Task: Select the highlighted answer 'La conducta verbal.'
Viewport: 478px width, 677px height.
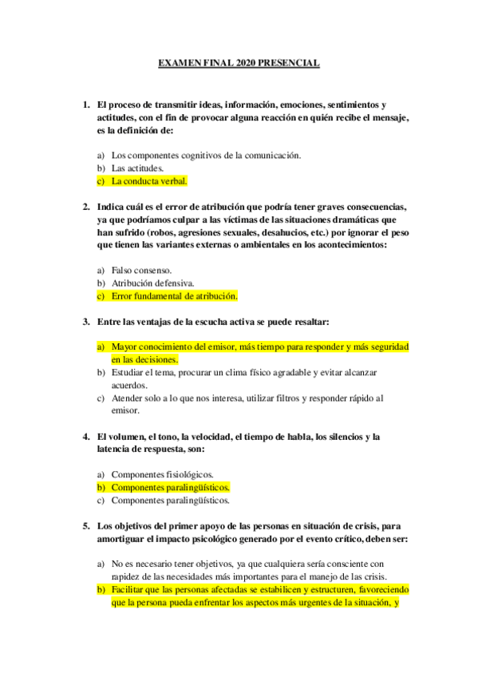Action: [x=149, y=181]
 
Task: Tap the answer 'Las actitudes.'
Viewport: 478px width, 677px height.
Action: [x=138, y=168]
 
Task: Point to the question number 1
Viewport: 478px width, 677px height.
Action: [x=86, y=105]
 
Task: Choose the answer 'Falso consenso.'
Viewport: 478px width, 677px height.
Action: [x=141, y=270]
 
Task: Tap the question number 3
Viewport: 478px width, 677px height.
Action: [x=86, y=322]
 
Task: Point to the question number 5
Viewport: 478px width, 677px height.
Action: [x=86, y=526]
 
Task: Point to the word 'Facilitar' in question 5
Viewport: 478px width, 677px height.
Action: [x=130, y=589]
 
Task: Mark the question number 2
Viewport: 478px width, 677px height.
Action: [x=86, y=207]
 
